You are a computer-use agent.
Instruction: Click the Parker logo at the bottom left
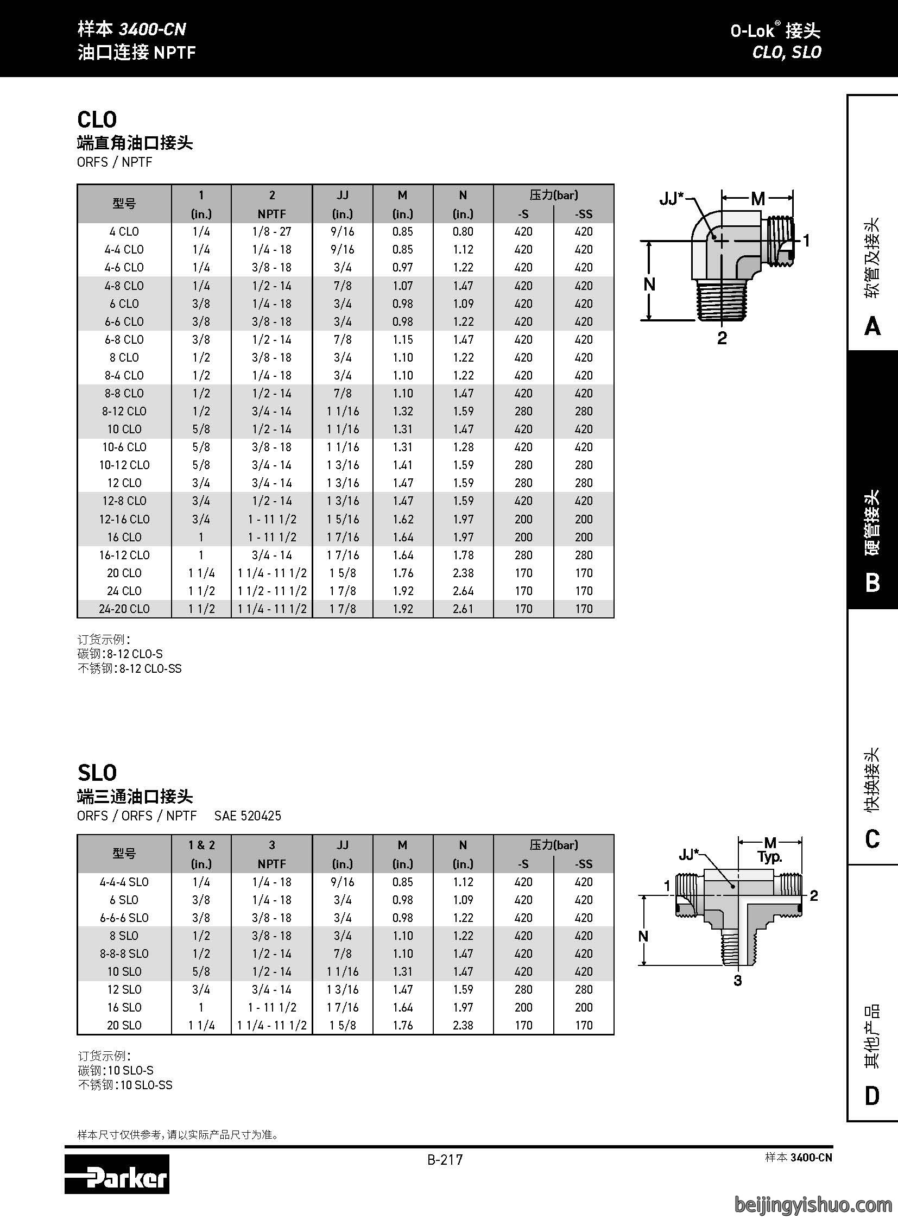pos(117,1174)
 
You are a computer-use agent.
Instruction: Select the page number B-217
pos(445,1160)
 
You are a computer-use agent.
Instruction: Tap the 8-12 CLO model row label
pos(124,411)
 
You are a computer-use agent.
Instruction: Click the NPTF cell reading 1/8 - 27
pos(272,232)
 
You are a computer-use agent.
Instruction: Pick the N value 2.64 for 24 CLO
pos(463,591)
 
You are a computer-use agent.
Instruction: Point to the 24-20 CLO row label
pos(124,609)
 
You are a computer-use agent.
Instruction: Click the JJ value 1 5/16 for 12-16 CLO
pos(343,519)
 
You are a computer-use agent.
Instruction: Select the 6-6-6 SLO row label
pos(124,918)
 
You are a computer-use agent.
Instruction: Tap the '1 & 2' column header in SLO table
pos(201,845)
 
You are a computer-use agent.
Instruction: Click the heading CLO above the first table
pos(97,119)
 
